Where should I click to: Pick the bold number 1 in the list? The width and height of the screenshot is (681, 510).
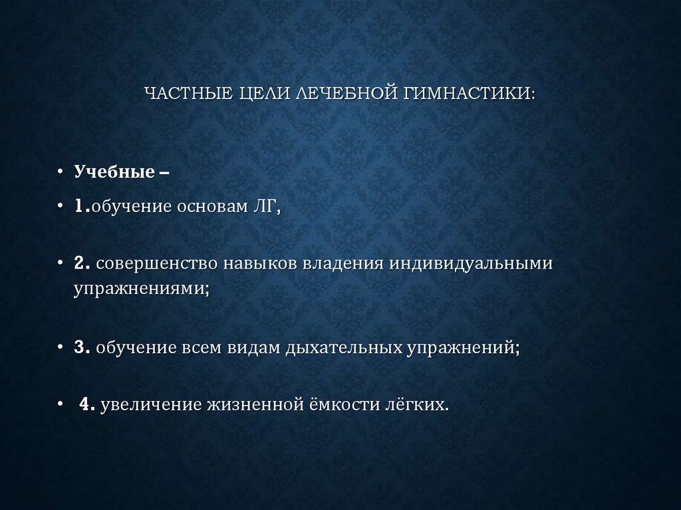tap(79, 208)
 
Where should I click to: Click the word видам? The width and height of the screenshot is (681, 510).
tap(252, 348)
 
